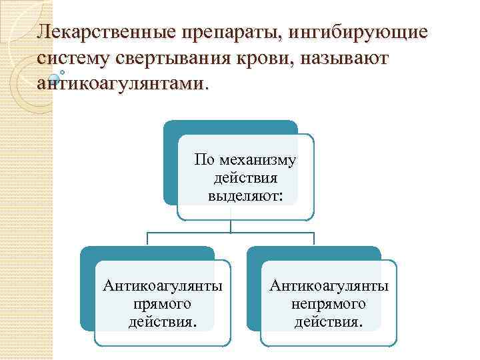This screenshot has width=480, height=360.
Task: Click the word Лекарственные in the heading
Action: [107, 31]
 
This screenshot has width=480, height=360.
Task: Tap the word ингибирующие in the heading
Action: [361, 31]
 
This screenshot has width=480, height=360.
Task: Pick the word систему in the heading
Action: [73, 58]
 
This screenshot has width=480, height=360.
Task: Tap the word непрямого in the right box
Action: [329, 305]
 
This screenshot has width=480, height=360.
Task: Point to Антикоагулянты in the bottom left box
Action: [163, 286]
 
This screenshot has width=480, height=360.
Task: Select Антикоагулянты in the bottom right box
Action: [329, 286]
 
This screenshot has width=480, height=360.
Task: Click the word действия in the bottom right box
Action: [329, 323]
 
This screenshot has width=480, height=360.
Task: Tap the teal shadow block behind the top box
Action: [171, 167]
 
